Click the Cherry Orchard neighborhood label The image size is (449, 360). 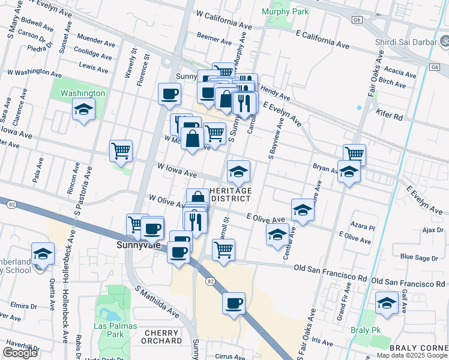click(x=161, y=337)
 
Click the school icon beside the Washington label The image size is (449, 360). click(x=83, y=109)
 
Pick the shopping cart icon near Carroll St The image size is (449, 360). click(x=223, y=250)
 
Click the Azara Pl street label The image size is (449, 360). click(x=363, y=228)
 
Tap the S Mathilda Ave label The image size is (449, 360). click(x=157, y=302)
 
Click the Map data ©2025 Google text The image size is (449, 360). click(x=412, y=355)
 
